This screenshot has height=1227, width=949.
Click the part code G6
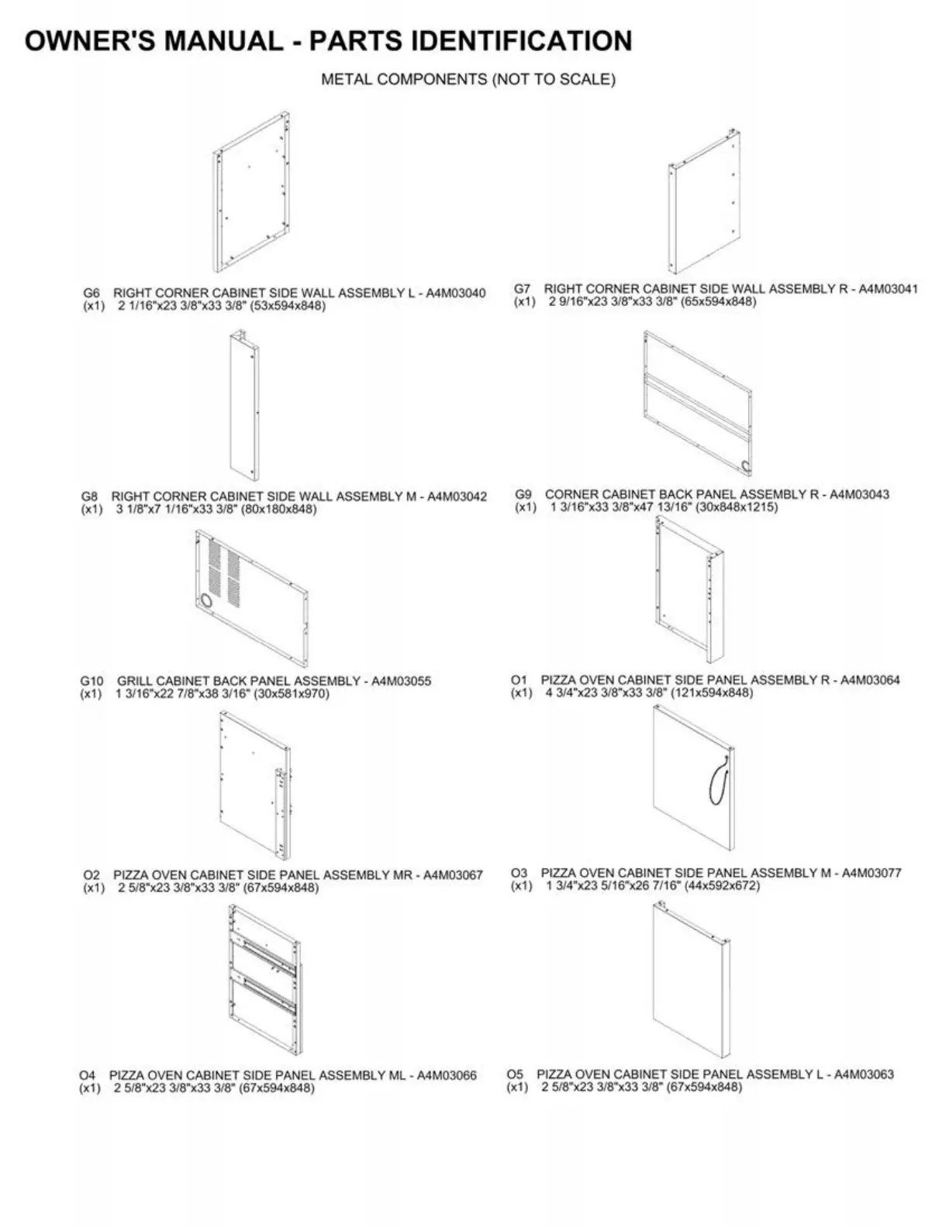pyautogui.click(x=91, y=294)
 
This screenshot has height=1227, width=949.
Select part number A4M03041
pyautogui.click(x=889, y=289)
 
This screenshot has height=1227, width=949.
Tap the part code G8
pyautogui.click(x=90, y=497)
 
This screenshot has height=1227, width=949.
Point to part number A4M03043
pyautogui.click(x=860, y=494)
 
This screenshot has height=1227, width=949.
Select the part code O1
pyautogui.click(x=519, y=680)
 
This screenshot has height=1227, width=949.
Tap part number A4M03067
pyautogui.click(x=453, y=875)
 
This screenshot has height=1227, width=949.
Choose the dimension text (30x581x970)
pyautogui.click(x=292, y=694)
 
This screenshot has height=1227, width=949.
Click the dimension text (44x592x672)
pyautogui.click(x=722, y=885)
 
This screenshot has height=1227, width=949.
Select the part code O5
pyautogui.click(x=516, y=1074)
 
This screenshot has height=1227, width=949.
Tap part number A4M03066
pyautogui.click(x=447, y=1075)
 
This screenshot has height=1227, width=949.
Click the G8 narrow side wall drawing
pyautogui.click(x=243, y=406)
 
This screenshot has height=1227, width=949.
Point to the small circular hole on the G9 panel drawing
pyautogui.click(x=747, y=466)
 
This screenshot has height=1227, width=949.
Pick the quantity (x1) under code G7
pyautogui.click(x=525, y=302)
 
